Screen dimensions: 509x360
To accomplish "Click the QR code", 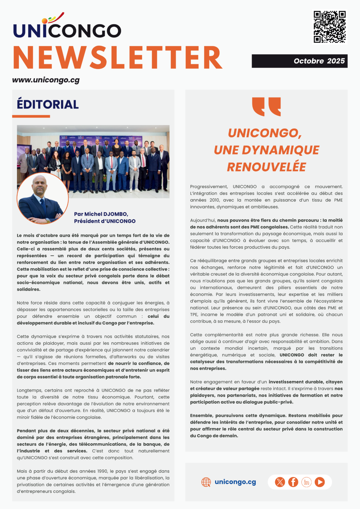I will coord(330,27).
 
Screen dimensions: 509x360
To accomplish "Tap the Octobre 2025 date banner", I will coord(299,61).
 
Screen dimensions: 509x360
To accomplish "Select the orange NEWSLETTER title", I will coord(118,58).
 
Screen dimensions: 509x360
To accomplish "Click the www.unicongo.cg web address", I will coord(46,80).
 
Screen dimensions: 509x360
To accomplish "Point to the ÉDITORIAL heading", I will coord(48,104).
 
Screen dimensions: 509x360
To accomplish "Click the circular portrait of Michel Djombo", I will coord(42,198).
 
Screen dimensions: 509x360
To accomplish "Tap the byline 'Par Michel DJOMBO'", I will coord(101,214).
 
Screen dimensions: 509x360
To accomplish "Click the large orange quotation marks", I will coord(266,106).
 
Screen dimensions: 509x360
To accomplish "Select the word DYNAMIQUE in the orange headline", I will coord(280,150).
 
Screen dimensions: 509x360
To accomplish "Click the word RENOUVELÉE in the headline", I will coord(266,167).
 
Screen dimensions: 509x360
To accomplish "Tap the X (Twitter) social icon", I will coord(280,482).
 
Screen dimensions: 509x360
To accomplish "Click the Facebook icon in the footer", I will coord(293,482).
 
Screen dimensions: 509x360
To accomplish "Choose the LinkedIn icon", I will coord(306,482).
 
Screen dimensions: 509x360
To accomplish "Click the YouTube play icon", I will coord(320,482).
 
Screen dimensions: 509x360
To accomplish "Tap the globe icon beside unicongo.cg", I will coord(206,482).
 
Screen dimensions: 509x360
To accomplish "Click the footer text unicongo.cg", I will coord(235,482).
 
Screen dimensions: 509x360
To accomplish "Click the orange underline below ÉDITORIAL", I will coord(31,116).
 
